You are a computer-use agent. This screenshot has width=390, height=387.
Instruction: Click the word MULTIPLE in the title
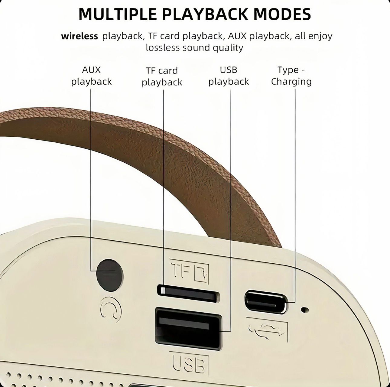pyautogui.click(x=118, y=14)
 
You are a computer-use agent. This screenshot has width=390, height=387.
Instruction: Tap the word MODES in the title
pyautogui.click(x=282, y=14)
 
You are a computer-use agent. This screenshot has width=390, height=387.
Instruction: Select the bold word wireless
pyautogui.click(x=80, y=36)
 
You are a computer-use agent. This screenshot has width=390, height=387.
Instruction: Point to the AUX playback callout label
pyautogui.click(x=91, y=76)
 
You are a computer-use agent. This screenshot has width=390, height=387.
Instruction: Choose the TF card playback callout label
pyautogui.click(x=162, y=76)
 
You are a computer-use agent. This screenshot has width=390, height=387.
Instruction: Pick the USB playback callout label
pyautogui.click(x=229, y=76)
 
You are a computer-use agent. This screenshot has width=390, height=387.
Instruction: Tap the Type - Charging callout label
pyautogui.click(x=291, y=76)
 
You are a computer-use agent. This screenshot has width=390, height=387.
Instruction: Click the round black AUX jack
pyautogui.click(x=110, y=275)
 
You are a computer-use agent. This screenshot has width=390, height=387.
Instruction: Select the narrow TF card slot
pyautogui.click(x=188, y=293)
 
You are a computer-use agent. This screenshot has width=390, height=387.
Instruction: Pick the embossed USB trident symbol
pyautogui.click(x=267, y=330)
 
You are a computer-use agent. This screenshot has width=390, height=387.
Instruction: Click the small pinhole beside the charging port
pyautogui.click(x=304, y=310)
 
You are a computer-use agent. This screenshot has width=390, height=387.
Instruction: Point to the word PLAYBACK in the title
pyautogui.click(x=205, y=14)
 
